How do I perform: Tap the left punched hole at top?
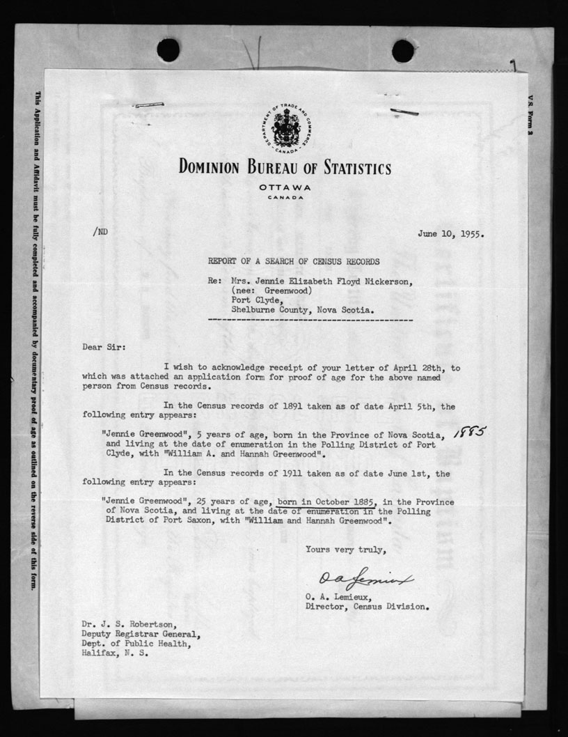(168, 50)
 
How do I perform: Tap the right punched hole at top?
(403, 50)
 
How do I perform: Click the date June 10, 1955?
(451, 234)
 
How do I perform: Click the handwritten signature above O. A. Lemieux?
(366, 578)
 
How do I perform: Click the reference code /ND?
(100, 233)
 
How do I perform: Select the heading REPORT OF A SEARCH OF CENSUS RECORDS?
(294, 262)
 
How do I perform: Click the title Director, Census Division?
(367, 606)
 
